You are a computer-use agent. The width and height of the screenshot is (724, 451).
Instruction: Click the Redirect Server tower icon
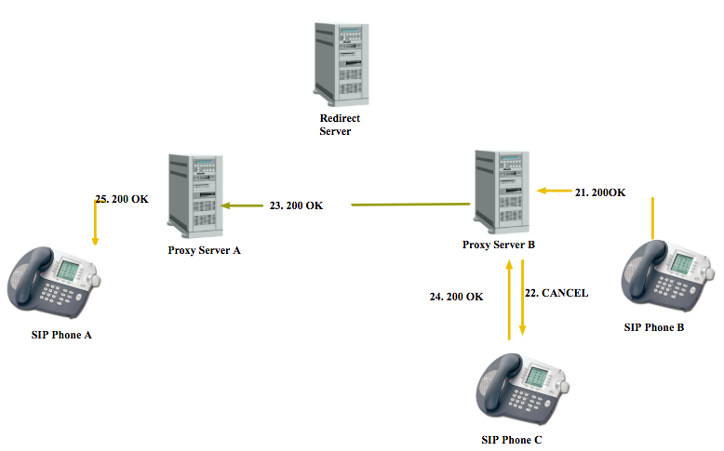[x=342, y=64]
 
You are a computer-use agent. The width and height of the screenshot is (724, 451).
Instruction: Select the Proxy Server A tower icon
[x=195, y=196]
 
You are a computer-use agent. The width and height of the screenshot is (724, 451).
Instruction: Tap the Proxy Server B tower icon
[x=502, y=192]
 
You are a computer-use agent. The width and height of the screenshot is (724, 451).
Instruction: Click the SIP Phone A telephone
[x=54, y=283]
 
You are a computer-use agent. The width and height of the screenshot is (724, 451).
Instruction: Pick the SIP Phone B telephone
[x=667, y=275]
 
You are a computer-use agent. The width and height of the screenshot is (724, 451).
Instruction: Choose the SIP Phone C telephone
[x=523, y=389]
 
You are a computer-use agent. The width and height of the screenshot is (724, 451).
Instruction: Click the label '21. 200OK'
[x=600, y=192]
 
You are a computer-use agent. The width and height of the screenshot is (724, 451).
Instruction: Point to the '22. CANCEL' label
[x=556, y=293]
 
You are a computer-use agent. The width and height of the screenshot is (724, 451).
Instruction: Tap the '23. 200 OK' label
[x=296, y=206]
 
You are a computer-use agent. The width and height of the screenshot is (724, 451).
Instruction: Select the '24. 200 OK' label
[x=456, y=297]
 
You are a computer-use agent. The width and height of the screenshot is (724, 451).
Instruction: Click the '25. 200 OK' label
[x=122, y=199]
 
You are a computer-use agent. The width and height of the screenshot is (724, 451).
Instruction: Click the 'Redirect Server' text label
[x=340, y=125]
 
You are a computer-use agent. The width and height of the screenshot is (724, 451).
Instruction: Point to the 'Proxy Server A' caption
[x=204, y=250]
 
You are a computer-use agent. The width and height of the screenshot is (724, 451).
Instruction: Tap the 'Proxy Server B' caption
[x=499, y=245]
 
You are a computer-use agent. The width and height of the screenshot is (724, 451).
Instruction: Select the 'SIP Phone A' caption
[x=61, y=335]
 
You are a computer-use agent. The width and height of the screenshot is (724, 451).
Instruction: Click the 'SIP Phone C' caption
[x=512, y=440]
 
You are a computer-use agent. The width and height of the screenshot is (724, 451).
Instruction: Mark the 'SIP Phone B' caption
[x=654, y=327]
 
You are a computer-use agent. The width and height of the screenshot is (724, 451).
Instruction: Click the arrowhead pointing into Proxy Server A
[x=225, y=206]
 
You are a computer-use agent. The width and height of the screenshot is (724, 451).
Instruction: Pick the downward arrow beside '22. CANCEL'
[x=522, y=298]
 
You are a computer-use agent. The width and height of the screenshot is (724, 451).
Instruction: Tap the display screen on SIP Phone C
[x=537, y=377]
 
